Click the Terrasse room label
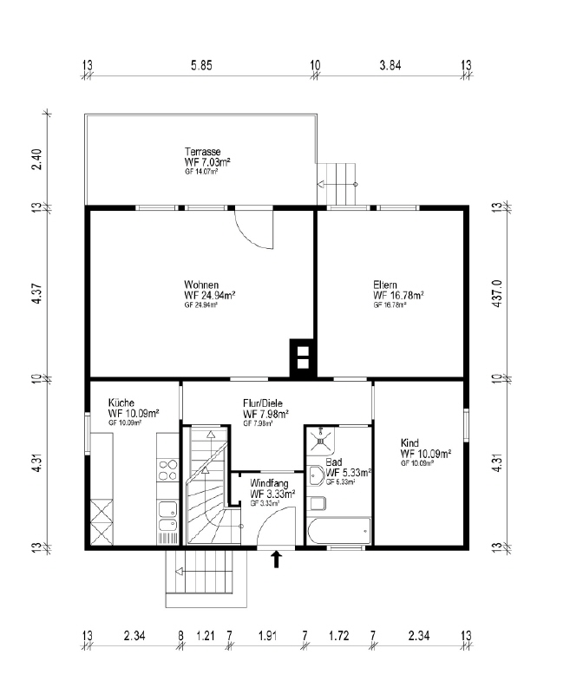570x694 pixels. (202, 150)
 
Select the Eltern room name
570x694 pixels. (385, 285)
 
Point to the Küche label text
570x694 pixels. (121, 403)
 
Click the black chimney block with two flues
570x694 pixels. (303, 358)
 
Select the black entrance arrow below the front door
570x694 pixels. (277, 560)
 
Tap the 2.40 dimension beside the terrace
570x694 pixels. (37, 160)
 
